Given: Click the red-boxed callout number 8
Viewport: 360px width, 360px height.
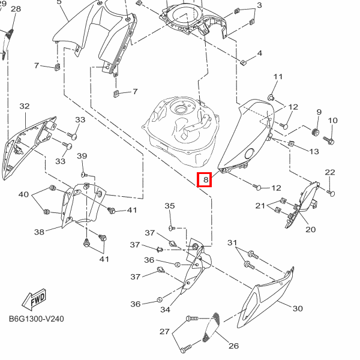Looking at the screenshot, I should (205, 179).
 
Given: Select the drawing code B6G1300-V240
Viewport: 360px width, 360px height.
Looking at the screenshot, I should (36, 320).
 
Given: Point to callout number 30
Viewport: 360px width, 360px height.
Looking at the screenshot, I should (298, 309).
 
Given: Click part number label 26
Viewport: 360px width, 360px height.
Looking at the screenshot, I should (234, 346).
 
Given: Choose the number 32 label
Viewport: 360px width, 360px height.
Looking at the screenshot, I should (25, 106).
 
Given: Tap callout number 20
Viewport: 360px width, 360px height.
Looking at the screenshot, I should (310, 229).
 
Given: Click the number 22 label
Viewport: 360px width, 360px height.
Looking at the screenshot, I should (330, 173).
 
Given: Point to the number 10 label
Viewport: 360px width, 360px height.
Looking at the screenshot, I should (333, 121).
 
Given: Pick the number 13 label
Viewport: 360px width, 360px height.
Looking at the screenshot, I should (314, 152).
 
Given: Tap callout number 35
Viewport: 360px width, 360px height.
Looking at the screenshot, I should (170, 206).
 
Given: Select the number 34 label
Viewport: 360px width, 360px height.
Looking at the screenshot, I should (165, 310).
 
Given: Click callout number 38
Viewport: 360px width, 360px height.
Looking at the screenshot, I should (39, 232).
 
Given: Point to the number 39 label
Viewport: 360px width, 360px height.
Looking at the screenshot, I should (82, 157).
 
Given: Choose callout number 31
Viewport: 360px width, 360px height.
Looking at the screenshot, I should (232, 242).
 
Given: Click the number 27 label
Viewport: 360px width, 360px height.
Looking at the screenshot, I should (164, 331).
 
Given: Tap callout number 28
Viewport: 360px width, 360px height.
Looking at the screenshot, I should (16, 9).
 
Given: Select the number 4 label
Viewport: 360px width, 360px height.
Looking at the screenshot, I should (259, 53).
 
